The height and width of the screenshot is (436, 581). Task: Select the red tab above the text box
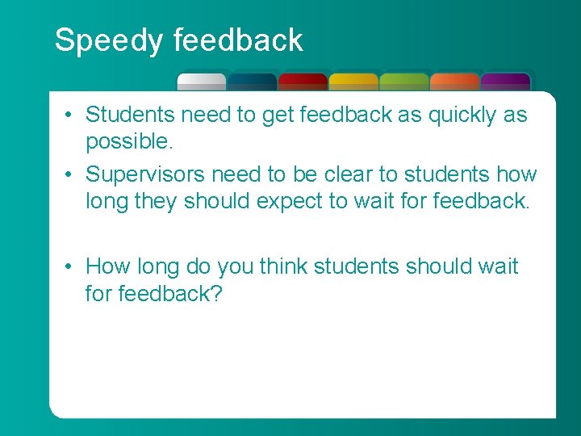click(x=303, y=82)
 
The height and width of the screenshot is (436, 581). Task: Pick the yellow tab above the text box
click(x=353, y=82)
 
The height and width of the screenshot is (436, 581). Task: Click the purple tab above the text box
click(x=505, y=82)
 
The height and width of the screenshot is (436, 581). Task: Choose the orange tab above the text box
click(x=455, y=82)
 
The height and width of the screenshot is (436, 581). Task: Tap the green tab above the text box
click(x=404, y=82)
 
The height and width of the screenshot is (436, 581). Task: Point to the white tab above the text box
click(x=202, y=82)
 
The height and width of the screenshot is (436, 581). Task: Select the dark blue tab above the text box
click(x=252, y=82)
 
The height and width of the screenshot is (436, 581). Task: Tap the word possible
click(x=127, y=142)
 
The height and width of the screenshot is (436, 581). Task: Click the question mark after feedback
click(x=215, y=292)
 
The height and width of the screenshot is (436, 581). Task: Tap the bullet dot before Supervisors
click(x=71, y=174)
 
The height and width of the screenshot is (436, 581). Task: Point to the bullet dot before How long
click(x=71, y=266)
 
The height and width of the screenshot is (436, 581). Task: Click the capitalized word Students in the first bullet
click(x=130, y=115)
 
